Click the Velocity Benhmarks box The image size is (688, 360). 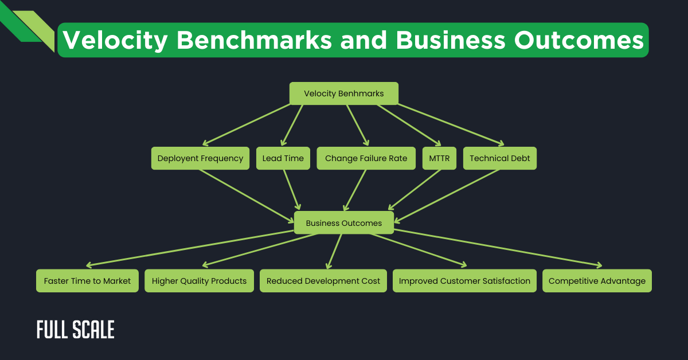[343, 93]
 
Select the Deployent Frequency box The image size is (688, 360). [200, 158]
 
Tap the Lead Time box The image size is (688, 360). [283, 158]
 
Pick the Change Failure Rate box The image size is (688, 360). [366, 158]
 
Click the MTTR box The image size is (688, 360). [440, 158]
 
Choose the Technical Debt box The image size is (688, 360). [500, 158]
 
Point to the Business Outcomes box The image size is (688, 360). [343, 223]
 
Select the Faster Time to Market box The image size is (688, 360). [87, 281]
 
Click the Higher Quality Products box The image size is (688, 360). [199, 281]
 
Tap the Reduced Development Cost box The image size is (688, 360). [323, 281]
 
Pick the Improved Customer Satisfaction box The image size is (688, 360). [464, 281]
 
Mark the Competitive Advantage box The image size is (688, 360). [597, 281]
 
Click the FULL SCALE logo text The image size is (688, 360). [75, 330]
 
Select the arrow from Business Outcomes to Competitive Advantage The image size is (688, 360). [499, 248]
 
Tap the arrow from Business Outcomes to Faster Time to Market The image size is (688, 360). [189, 248]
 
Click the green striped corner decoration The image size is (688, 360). [26, 26]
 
